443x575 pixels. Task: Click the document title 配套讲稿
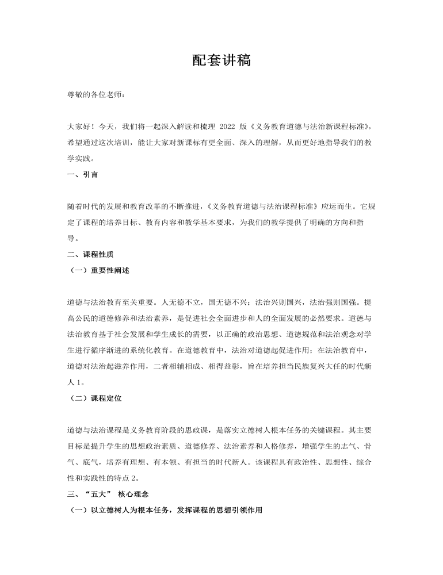pyautogui.click(x=221, y=60)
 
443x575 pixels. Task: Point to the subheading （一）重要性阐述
pyautogui.click(x=98, y=270)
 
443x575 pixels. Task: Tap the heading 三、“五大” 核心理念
pyautogui.click(x=108, y=493)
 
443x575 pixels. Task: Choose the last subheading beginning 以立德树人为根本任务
pyautogui.click(x=167, y=509)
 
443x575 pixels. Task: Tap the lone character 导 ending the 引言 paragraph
pyautogui.click(x=71, y=237)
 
